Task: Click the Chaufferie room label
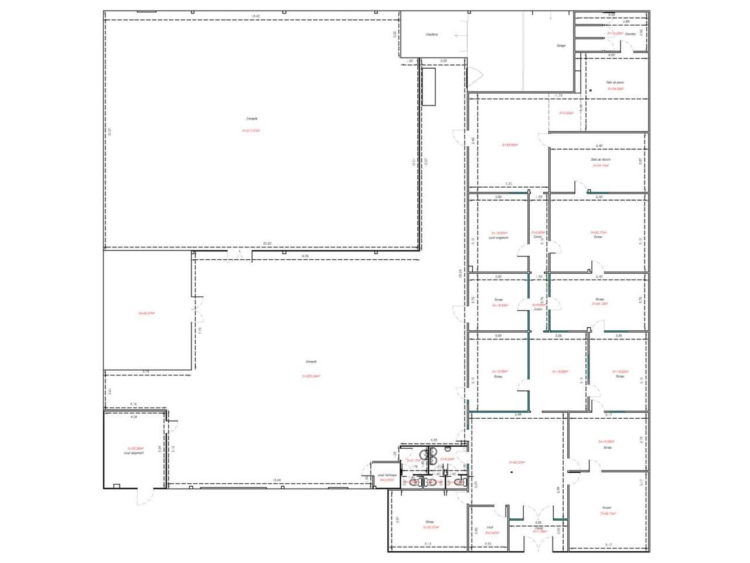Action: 432,35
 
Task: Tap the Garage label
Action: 560,45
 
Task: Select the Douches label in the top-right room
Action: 630,34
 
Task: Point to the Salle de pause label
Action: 615,83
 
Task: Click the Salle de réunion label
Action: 601,160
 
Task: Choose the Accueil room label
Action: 606,508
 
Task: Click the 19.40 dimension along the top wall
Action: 254,16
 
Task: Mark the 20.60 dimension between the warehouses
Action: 267,243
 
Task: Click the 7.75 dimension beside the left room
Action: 200,330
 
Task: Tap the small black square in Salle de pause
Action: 591,90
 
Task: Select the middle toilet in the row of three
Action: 432,483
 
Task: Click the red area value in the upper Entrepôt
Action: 251,131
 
